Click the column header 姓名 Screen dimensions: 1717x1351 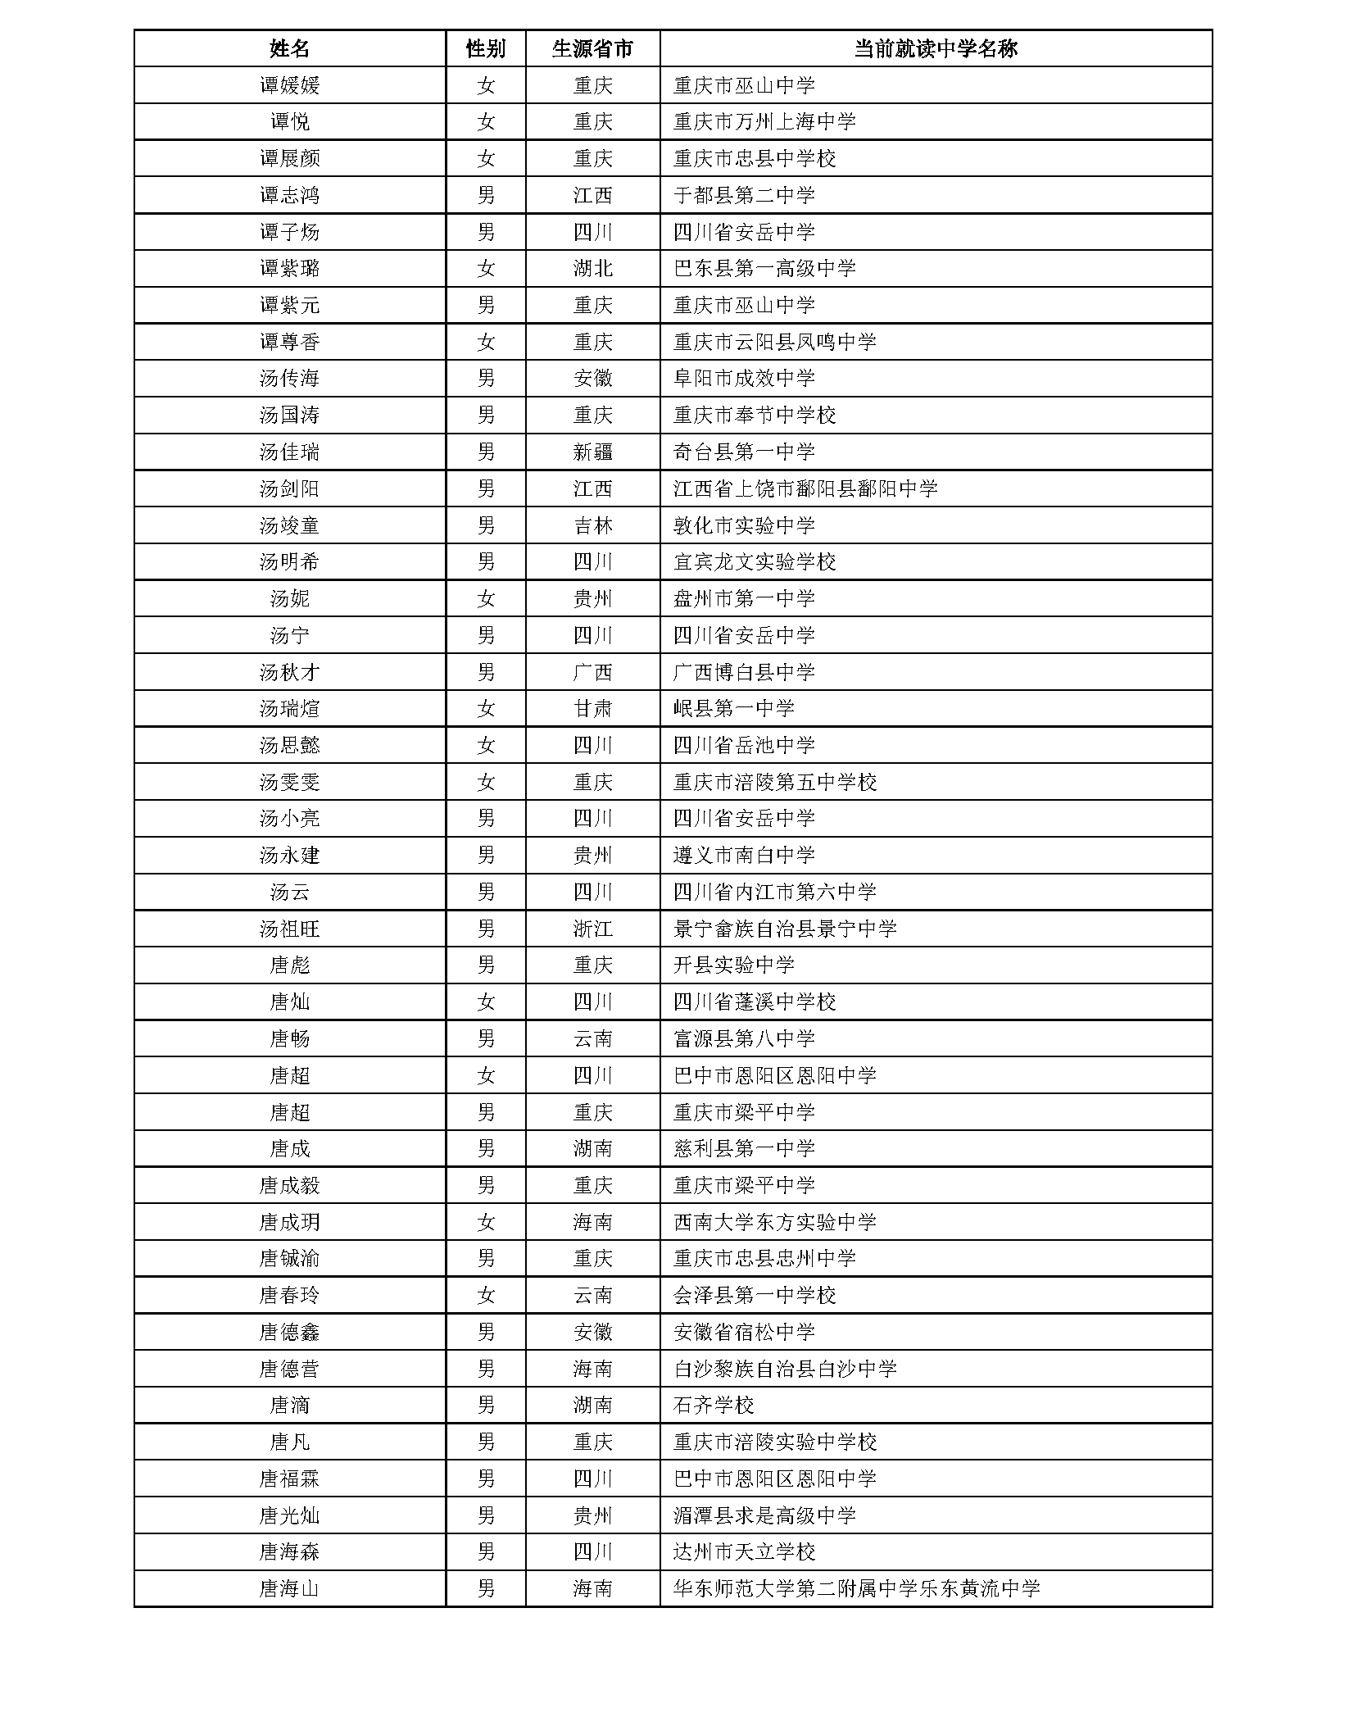(289, 48)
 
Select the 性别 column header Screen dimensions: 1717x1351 (485, 48)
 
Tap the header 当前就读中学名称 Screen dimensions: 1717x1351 (935, 48)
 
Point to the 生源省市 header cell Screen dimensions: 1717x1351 (592, 48)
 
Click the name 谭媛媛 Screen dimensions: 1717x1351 (289, 85)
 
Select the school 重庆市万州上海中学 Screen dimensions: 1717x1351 (764, 122)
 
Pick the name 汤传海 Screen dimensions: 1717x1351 (289, 379)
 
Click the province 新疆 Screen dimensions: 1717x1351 (592, 452)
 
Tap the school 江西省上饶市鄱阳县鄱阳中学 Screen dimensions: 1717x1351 (805, 488)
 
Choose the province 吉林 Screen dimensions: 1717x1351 (592, 525)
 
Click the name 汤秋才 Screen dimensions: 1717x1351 (289, 672)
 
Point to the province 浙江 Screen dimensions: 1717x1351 (592, 929)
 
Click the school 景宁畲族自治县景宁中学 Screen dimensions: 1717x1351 (784, 929)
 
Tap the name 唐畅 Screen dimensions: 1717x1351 (289, 1038)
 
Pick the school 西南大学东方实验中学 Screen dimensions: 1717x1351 (774, 1222)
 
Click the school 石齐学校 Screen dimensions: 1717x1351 (713, 1406)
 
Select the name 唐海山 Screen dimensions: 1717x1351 (289, 1589)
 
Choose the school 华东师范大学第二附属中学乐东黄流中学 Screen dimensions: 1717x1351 (856, 1589)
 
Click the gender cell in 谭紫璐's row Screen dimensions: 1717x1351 (485, 268)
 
